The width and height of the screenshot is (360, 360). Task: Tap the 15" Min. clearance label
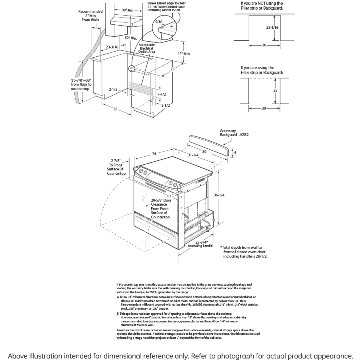[x=184, y=54]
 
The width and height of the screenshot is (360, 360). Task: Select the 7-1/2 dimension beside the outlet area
[x=162, y=94]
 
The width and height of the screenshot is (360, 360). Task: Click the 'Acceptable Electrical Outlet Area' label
[x=146, y=48]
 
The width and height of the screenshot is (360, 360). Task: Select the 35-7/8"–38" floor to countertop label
[x=81, y=84]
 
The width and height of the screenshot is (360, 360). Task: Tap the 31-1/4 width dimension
[x=194, y=155]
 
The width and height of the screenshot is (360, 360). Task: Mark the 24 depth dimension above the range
[x=154, y=153]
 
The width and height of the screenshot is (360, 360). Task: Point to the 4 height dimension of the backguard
[x=235, y=152]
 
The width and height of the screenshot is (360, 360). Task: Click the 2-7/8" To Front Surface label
[x=116, y=167]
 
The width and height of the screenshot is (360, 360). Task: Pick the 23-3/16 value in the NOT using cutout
[x=272, y=28]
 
